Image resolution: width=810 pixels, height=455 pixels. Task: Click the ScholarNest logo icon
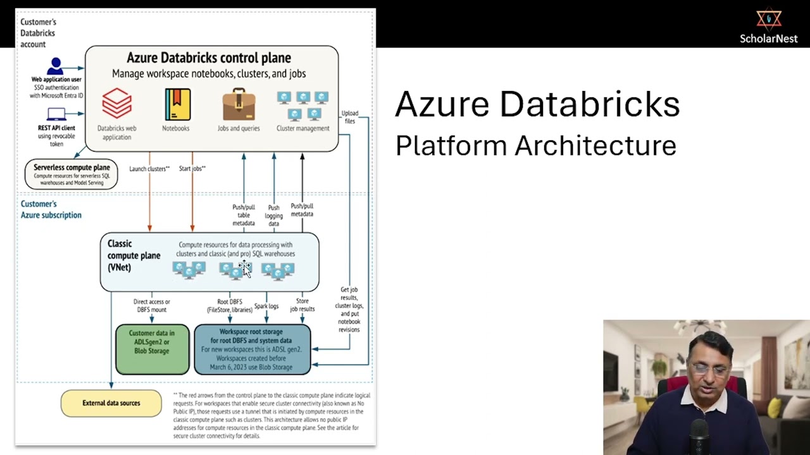click(x=769, y=19)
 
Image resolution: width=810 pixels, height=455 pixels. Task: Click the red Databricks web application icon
click(x=117, y=104)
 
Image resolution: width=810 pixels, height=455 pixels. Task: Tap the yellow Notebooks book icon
click(x=177, y=104)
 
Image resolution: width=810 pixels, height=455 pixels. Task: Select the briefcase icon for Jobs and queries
click(x=239, y=105)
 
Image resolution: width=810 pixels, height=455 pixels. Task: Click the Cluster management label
click(x=302, y=128)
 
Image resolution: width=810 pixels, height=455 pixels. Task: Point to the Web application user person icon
click(x=56, y=66)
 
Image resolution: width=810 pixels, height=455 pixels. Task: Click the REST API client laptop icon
click(x=56, y=114)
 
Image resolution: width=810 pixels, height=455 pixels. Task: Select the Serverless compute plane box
click(x=72, y=174)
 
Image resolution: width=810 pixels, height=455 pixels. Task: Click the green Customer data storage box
click(x=153, y=349)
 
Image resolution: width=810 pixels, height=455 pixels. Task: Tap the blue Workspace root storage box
click(x=252, y=349)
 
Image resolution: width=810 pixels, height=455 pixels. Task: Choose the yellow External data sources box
click(x=111, y=403)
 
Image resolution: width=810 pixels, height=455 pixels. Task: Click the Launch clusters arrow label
click(x=149, y=169)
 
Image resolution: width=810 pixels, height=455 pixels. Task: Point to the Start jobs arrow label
click(x=192, y=169)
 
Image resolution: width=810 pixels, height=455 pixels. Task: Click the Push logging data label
click(x=273, y=215)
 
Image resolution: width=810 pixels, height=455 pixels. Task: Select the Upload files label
click(x=349, y=117)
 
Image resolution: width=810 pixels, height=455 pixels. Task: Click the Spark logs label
click(x=266, y=306)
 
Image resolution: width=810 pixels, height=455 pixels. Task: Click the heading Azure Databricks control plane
click(x=209, y=58)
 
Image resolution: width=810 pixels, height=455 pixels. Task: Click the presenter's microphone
click(x=699, y=436)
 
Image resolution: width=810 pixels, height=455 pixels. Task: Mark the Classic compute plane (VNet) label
click(x=134, y=255)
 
